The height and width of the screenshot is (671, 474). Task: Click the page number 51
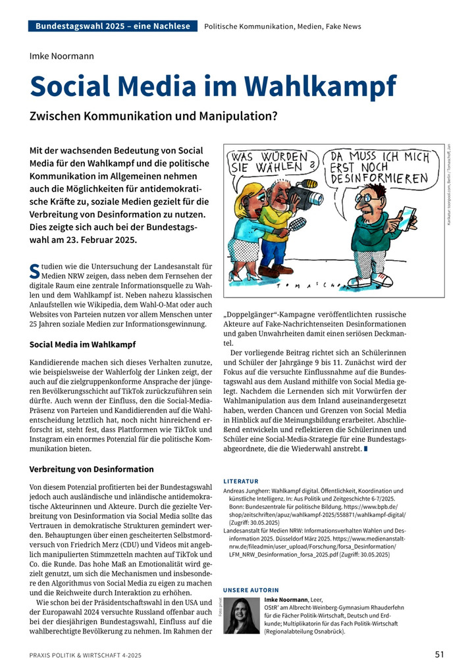click(440, 655)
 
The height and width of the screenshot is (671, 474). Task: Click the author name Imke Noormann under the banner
click(62, 56)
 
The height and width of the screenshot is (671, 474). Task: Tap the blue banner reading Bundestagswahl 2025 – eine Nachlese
click(113, 26)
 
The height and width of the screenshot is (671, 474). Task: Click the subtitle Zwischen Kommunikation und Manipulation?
click(145, 116)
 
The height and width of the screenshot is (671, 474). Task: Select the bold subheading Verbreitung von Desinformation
click(92, 470)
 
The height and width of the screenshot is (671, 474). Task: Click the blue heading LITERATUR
click(241, 481)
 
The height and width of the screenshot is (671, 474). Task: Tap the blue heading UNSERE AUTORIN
click(251, 589)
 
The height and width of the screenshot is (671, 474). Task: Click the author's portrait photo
click(242, 616)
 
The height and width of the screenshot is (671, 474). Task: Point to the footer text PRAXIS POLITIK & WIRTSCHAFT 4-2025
click(85, 655)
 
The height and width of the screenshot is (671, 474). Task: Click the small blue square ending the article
click(366, 449)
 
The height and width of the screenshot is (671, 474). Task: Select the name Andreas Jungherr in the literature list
click(250, 491)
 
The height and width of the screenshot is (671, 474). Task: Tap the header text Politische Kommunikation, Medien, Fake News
click(282, 26)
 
